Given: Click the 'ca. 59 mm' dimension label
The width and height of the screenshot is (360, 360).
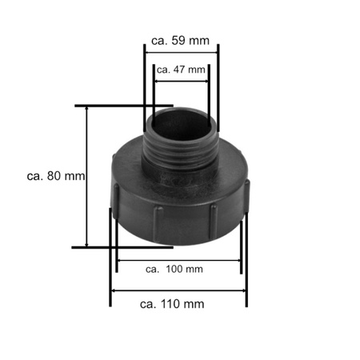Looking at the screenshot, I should click(181, 38).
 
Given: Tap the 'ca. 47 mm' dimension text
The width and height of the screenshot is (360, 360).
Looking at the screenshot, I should click(181, 70).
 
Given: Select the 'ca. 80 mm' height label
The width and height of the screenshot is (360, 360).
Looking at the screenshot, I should click(55, 175).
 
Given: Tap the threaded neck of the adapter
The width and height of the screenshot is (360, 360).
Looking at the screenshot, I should click(181, 150).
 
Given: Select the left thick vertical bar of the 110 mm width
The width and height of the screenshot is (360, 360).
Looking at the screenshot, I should click(110, 256).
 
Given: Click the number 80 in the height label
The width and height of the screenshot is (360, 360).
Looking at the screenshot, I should click(55, 175).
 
